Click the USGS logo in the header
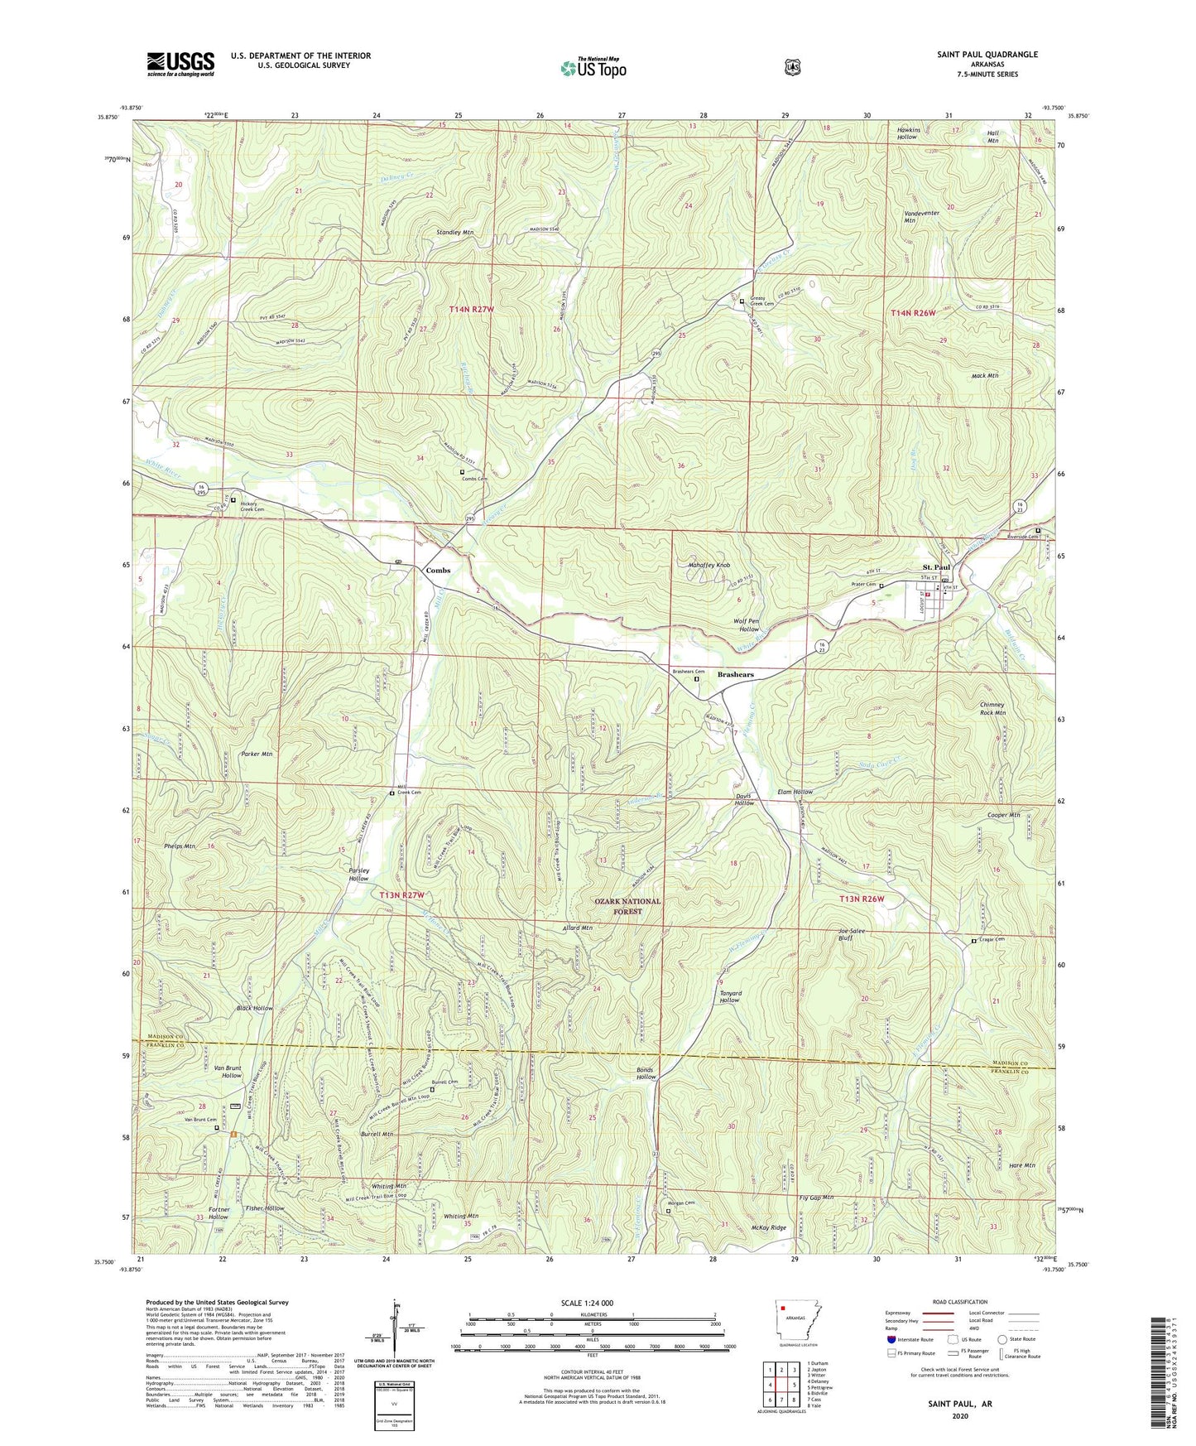(180, 64)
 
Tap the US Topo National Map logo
(593, 67)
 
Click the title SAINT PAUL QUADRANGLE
(987, 55)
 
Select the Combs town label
(438, 571)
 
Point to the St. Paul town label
(936, 567)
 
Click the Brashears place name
(735, 675)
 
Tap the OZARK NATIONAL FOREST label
(627, 906)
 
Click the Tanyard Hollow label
(730, 996)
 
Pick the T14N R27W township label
(472, 310)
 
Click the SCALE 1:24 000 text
(587, 1303)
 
